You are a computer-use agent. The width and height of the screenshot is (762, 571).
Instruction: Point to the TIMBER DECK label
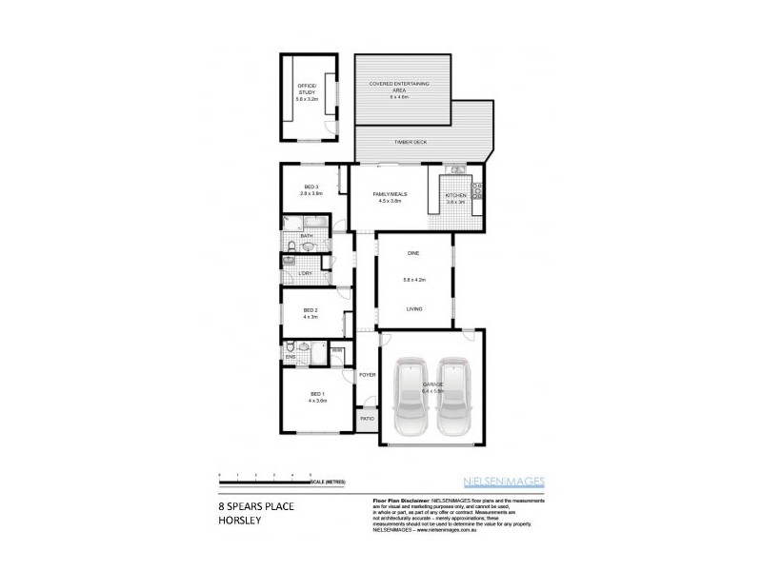click(x=411, y=142)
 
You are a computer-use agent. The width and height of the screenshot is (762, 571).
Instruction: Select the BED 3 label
click(x=311, y=187)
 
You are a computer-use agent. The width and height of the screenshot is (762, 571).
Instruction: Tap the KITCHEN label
click(x=455, y=196)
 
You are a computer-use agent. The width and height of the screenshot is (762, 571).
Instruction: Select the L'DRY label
click(x=306, y=274)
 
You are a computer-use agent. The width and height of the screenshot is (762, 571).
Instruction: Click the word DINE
click(x=413, y=253)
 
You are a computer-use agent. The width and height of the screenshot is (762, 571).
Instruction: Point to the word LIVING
click(x=414, y=308)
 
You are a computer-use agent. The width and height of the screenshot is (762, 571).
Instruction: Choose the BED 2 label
click(x=310, y=309)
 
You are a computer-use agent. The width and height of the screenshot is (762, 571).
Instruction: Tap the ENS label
click(x=290, y=357)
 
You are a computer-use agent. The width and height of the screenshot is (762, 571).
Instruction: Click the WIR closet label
click(x=337, y=351)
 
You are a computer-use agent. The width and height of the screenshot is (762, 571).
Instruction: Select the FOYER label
click(x=367, y=375)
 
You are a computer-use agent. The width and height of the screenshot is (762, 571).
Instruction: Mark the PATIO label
click(x=367, y=419)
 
